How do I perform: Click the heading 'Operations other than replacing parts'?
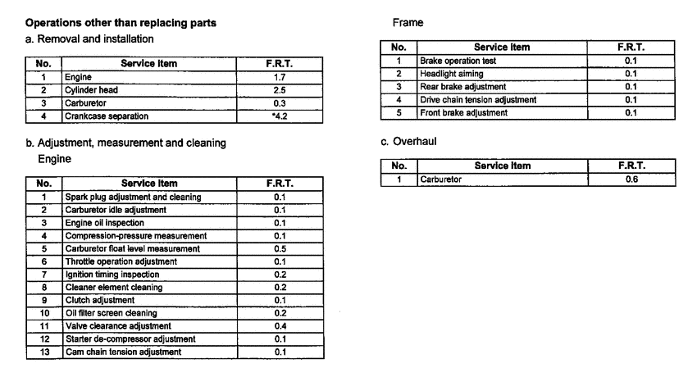(121, 22)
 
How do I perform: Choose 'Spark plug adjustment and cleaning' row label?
(133, 197)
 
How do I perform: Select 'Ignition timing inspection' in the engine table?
(112, 274)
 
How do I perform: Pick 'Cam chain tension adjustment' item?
(123, 352)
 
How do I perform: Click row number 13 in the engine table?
(45, 352)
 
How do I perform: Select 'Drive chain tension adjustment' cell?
(477, 100)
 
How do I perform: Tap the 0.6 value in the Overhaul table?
(631, 178)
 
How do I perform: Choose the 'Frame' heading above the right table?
(408, 23)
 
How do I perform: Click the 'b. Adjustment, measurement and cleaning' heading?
(126, 143)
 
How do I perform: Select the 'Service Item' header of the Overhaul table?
(503, 166)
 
